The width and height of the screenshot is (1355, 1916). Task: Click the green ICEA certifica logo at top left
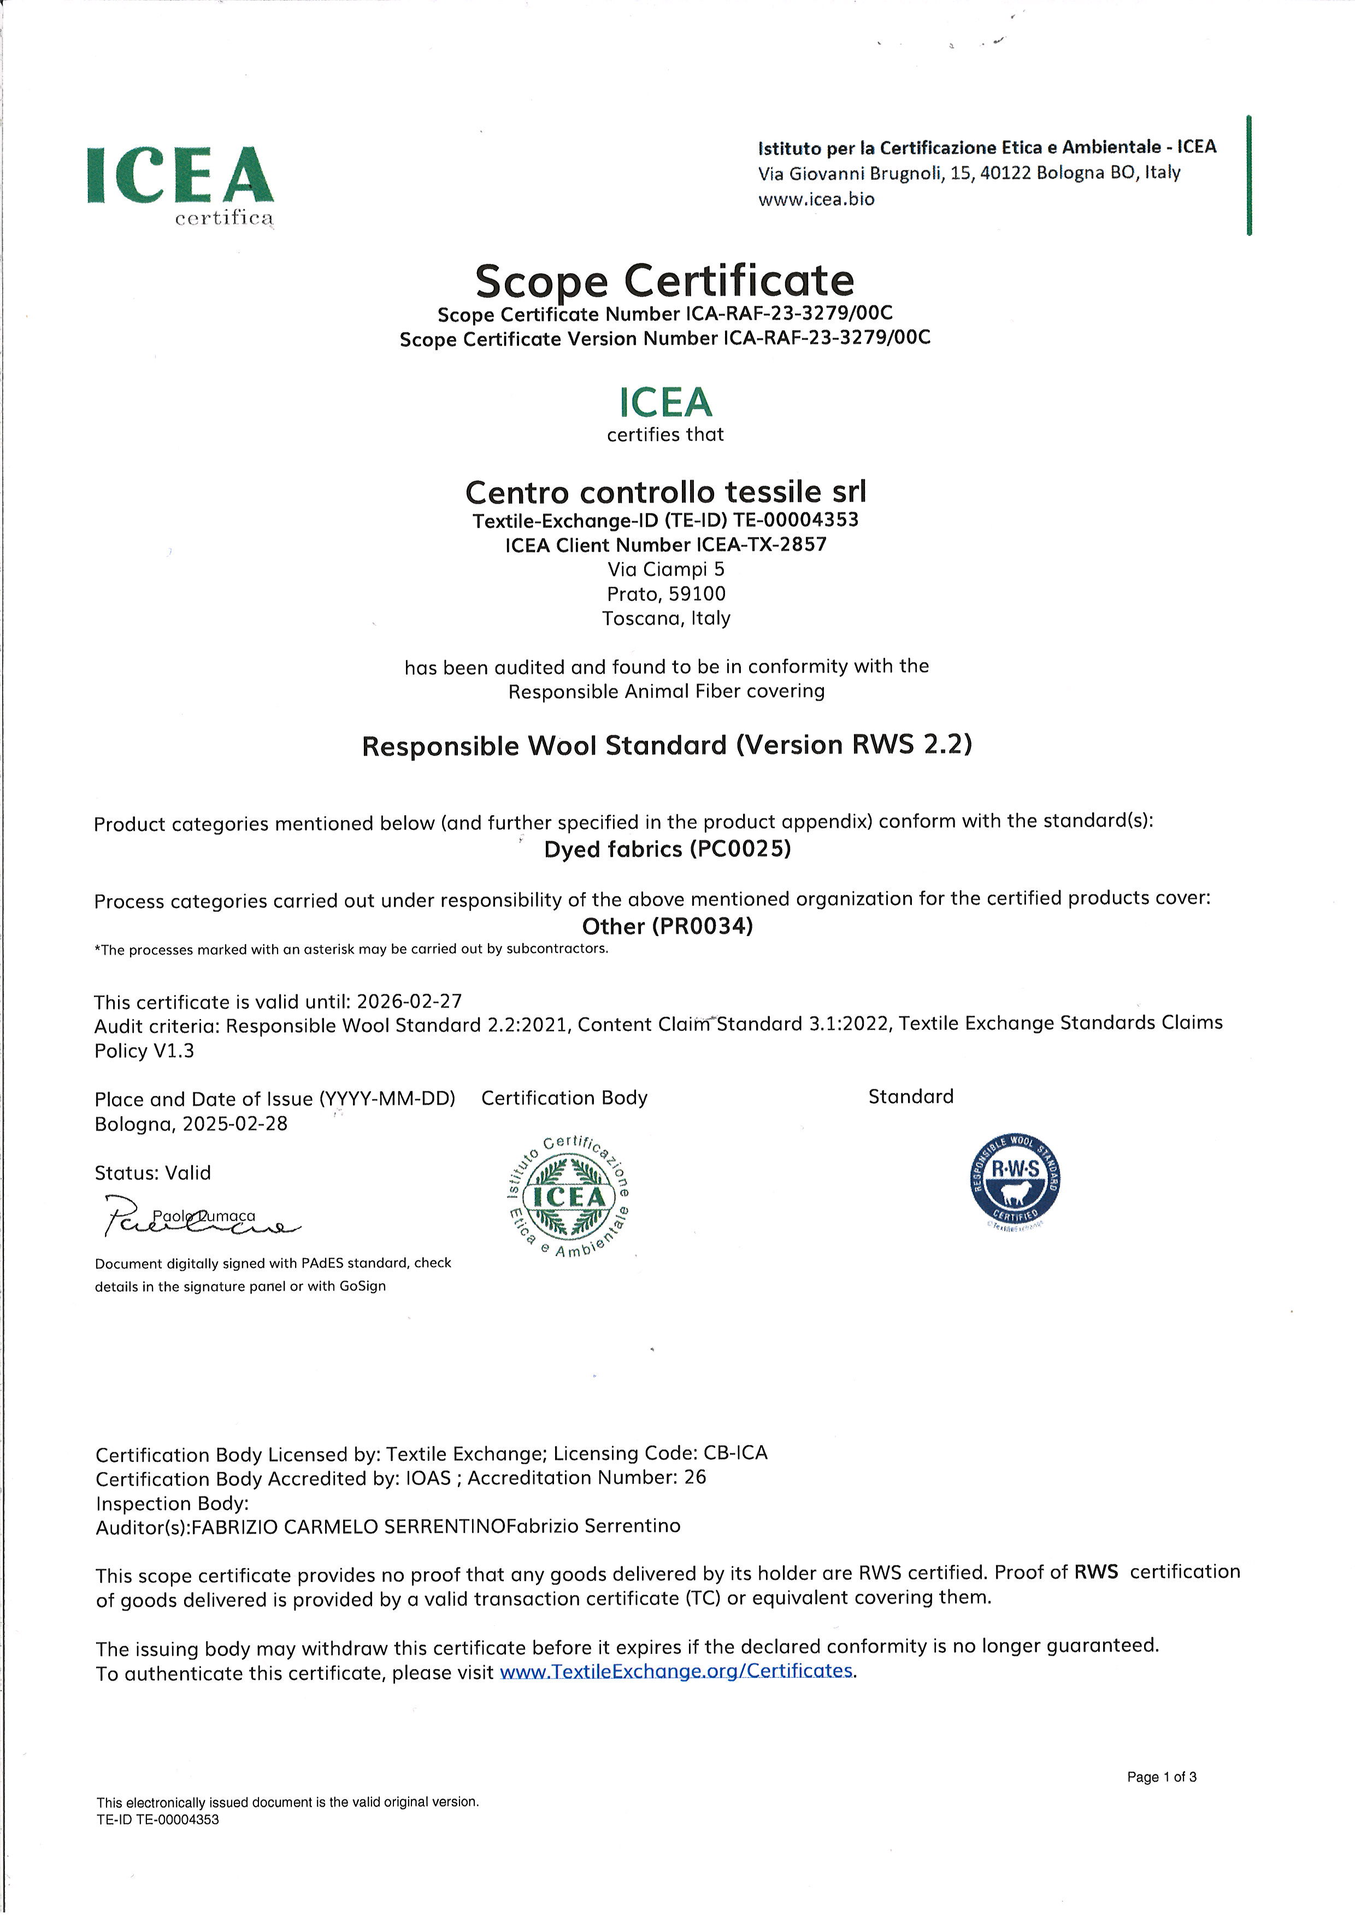pos(180,184)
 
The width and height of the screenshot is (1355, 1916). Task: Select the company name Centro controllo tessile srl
pos(665,492)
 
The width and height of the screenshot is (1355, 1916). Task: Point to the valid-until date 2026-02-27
pos(409,1001)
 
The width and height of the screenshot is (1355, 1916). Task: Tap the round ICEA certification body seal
pos(568,1196)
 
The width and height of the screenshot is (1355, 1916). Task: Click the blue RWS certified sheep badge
pos(1015,1181)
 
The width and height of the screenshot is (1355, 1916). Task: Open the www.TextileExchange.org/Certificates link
pos(676,1671)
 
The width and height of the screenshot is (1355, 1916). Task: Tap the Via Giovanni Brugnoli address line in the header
pos(969,174)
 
